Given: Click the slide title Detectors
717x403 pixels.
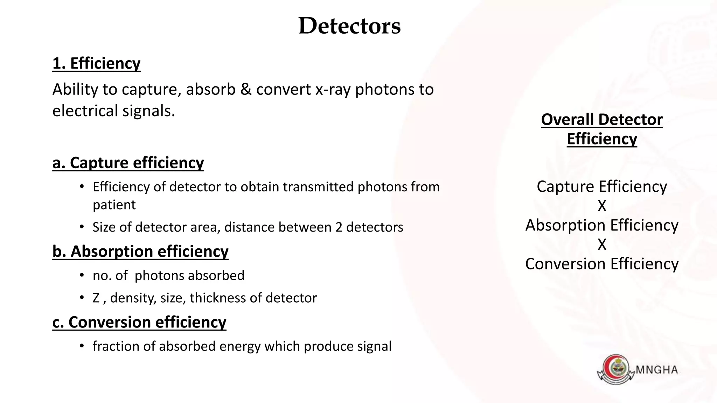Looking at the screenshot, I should click(349, 26).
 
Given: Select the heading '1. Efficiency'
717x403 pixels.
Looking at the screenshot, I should click(96, 64).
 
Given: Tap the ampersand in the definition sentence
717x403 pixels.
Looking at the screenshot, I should click(246, 90).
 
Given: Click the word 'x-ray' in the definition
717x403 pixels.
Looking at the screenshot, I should click(333, 90).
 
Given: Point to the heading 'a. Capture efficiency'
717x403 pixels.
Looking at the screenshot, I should click(128, 163).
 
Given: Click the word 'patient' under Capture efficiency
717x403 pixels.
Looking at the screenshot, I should click(114, 205).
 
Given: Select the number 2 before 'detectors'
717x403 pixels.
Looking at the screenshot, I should click(339, 227).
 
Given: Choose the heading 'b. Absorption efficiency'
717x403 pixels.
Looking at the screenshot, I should click(140, 252).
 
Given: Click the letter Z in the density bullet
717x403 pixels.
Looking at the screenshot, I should click(96, 298).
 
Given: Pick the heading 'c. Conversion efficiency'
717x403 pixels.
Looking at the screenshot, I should click(139, 322).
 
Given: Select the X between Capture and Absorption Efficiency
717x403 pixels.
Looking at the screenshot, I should click(602, 206).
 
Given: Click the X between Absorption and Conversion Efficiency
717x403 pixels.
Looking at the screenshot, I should click(602, 245).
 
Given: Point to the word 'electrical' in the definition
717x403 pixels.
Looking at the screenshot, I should click(85, 111).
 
